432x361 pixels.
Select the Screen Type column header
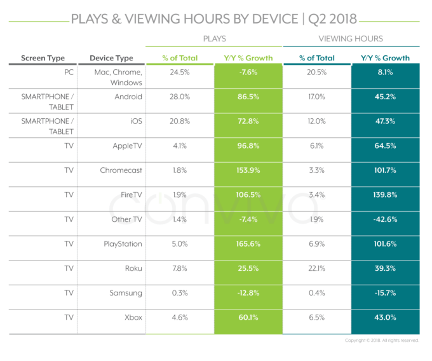(x=43, y=58)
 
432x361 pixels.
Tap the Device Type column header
(x=111, y=58)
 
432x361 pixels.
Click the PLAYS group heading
(x=214, y=39)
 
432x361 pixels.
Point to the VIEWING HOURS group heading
(x=351, y=39)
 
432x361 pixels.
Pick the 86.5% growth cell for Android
(x=248, y=97)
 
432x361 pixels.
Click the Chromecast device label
(x=121, y=170)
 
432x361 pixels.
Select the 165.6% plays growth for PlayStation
(x=248, y=243)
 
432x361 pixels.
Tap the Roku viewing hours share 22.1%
(x=316, y=268)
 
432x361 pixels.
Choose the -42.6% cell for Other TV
(x=384, y=219)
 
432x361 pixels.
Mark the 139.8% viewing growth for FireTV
(x=384, y=194)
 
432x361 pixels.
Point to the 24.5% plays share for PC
(x=180, y=72)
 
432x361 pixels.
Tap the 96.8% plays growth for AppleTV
(x=248, y=146)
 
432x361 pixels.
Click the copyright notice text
(x=382, y=341)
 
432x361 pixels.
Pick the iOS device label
(x=135, y=121)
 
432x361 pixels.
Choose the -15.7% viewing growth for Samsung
(x=384, y=292)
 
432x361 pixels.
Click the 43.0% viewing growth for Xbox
(x=384, y=317)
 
